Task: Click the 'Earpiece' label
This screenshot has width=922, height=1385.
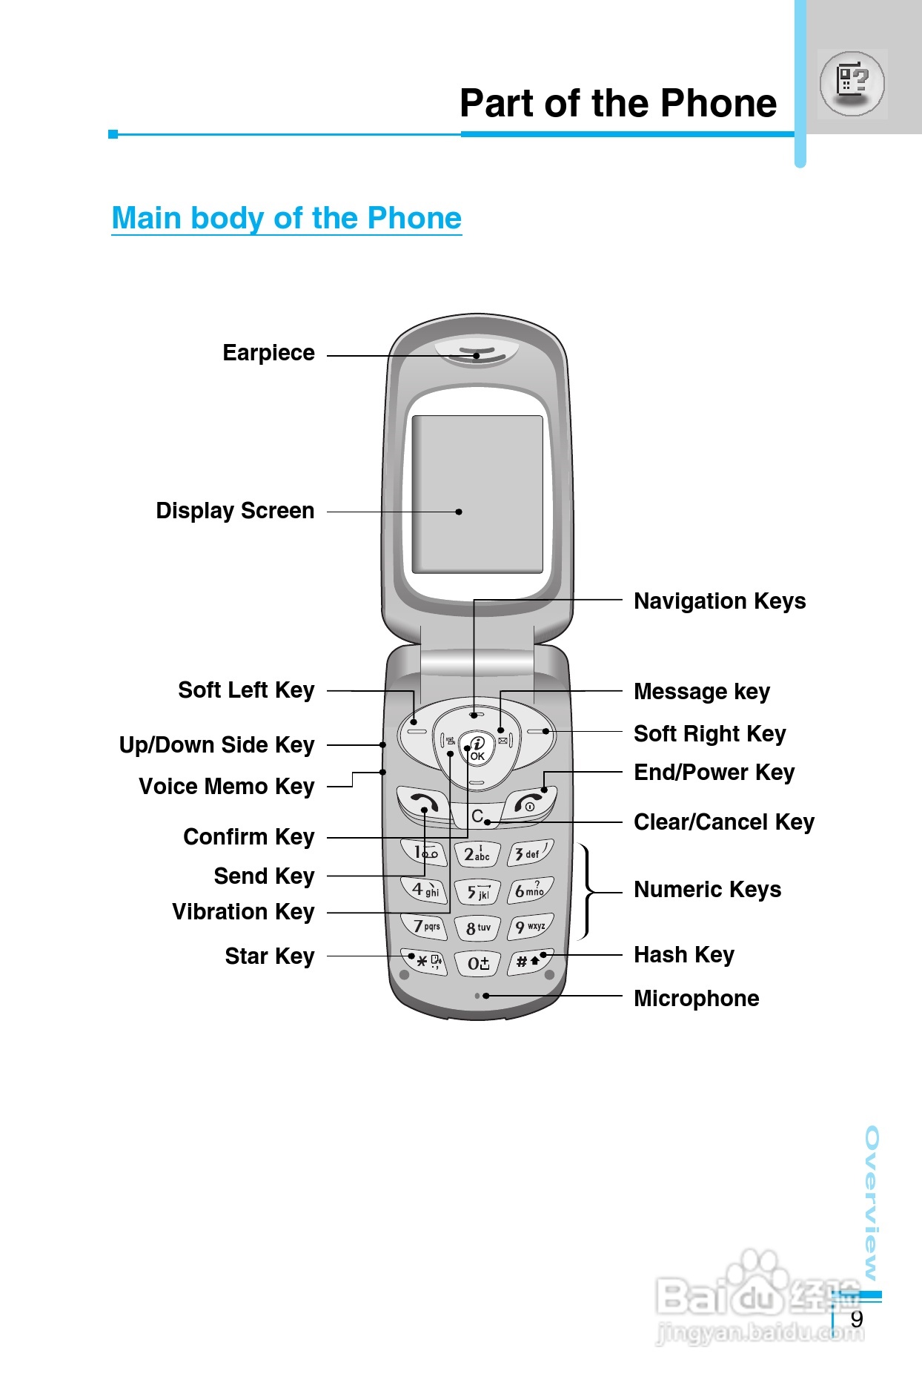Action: (268, 353)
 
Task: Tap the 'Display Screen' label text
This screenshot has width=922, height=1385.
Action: (235, 511)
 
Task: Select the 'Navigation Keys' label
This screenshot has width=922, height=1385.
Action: (719, 601)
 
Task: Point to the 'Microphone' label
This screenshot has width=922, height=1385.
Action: (696, 999)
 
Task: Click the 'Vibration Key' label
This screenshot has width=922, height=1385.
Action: (243, 911)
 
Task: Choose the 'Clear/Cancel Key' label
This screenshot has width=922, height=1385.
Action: (723, 822)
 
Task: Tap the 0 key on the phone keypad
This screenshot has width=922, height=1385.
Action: (478, 962)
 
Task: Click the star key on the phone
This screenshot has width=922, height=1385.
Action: (423, 961)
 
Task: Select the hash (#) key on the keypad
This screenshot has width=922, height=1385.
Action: (529, 961)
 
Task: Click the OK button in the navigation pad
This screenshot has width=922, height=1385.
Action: (477, 750)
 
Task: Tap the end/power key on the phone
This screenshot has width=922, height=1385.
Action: (531, 802)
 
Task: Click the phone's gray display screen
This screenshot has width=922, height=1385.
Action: (477, 494)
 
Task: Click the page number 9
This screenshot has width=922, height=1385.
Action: (857, 1319)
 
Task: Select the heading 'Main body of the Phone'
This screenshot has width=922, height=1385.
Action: (286, 218)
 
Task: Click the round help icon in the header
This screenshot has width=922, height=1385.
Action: (852, 83)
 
